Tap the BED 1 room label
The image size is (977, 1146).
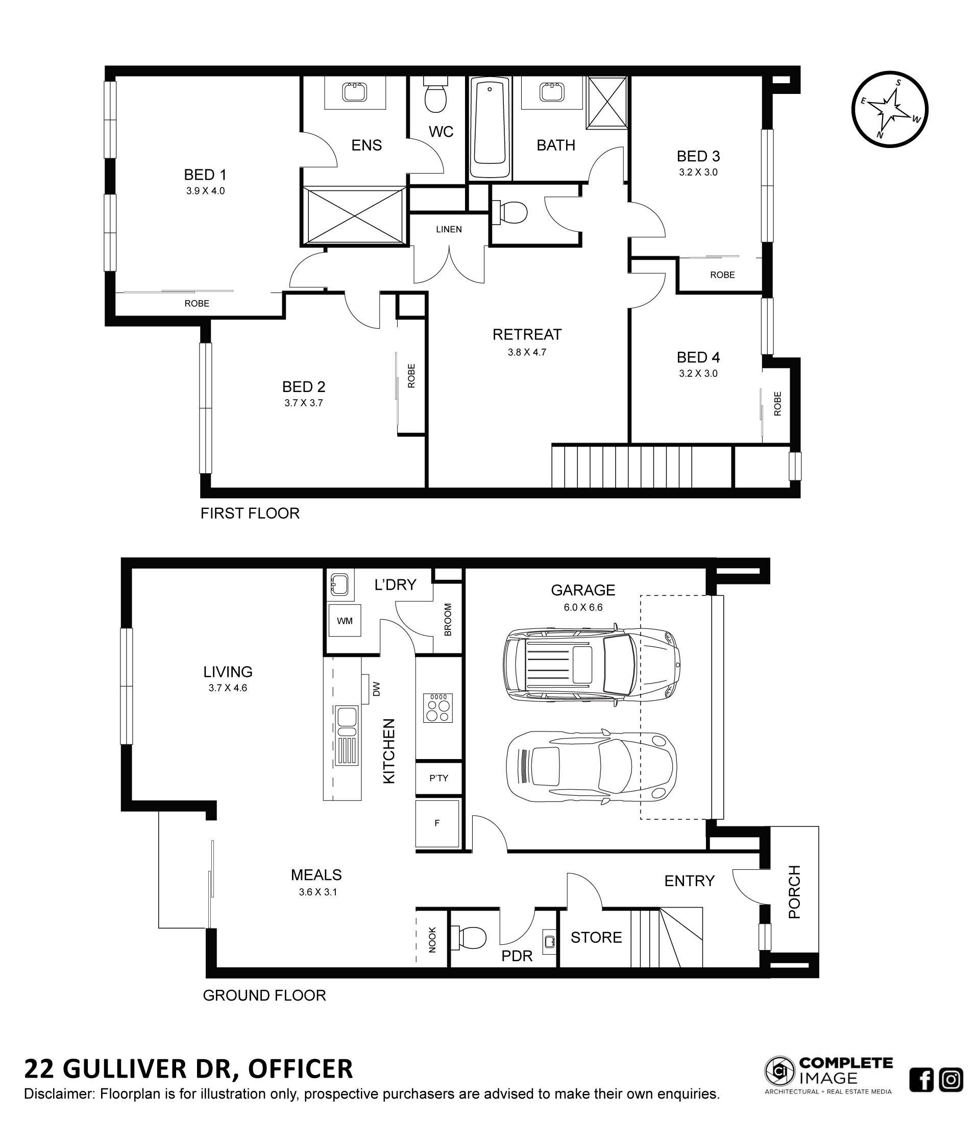click(205, 175)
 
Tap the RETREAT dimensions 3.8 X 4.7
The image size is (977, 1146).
click(526, 352)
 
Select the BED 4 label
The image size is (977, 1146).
click(698, 357)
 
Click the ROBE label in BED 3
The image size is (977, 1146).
click(722, 275)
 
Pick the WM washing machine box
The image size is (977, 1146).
click(345, 621)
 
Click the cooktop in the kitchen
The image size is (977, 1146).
click(438, 708)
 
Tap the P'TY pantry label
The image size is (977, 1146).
click(438, 778)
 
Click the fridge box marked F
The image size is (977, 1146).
click(437, 823)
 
